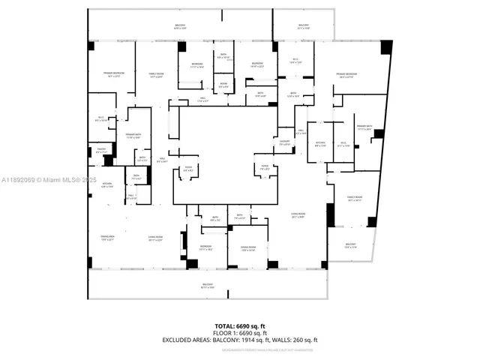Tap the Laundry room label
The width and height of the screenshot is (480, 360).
(284, 142)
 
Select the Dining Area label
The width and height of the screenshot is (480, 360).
(106, 238)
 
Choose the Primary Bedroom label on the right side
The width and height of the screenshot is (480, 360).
(346, 75)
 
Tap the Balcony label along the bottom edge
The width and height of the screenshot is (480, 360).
(207, 286)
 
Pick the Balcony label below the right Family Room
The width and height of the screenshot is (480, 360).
(350, 246)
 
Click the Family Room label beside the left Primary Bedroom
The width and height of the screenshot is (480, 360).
(156, 74)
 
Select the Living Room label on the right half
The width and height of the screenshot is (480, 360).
(298, 216)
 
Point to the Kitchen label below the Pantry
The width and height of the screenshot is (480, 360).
(107, 185)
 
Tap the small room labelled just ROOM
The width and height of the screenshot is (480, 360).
(223, 85)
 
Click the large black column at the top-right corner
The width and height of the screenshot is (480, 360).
(386, 46)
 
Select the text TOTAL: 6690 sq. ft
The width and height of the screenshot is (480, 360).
(240, 326)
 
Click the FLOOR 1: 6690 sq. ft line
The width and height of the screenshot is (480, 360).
(240, 333)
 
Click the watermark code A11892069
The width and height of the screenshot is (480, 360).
(19, 180)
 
